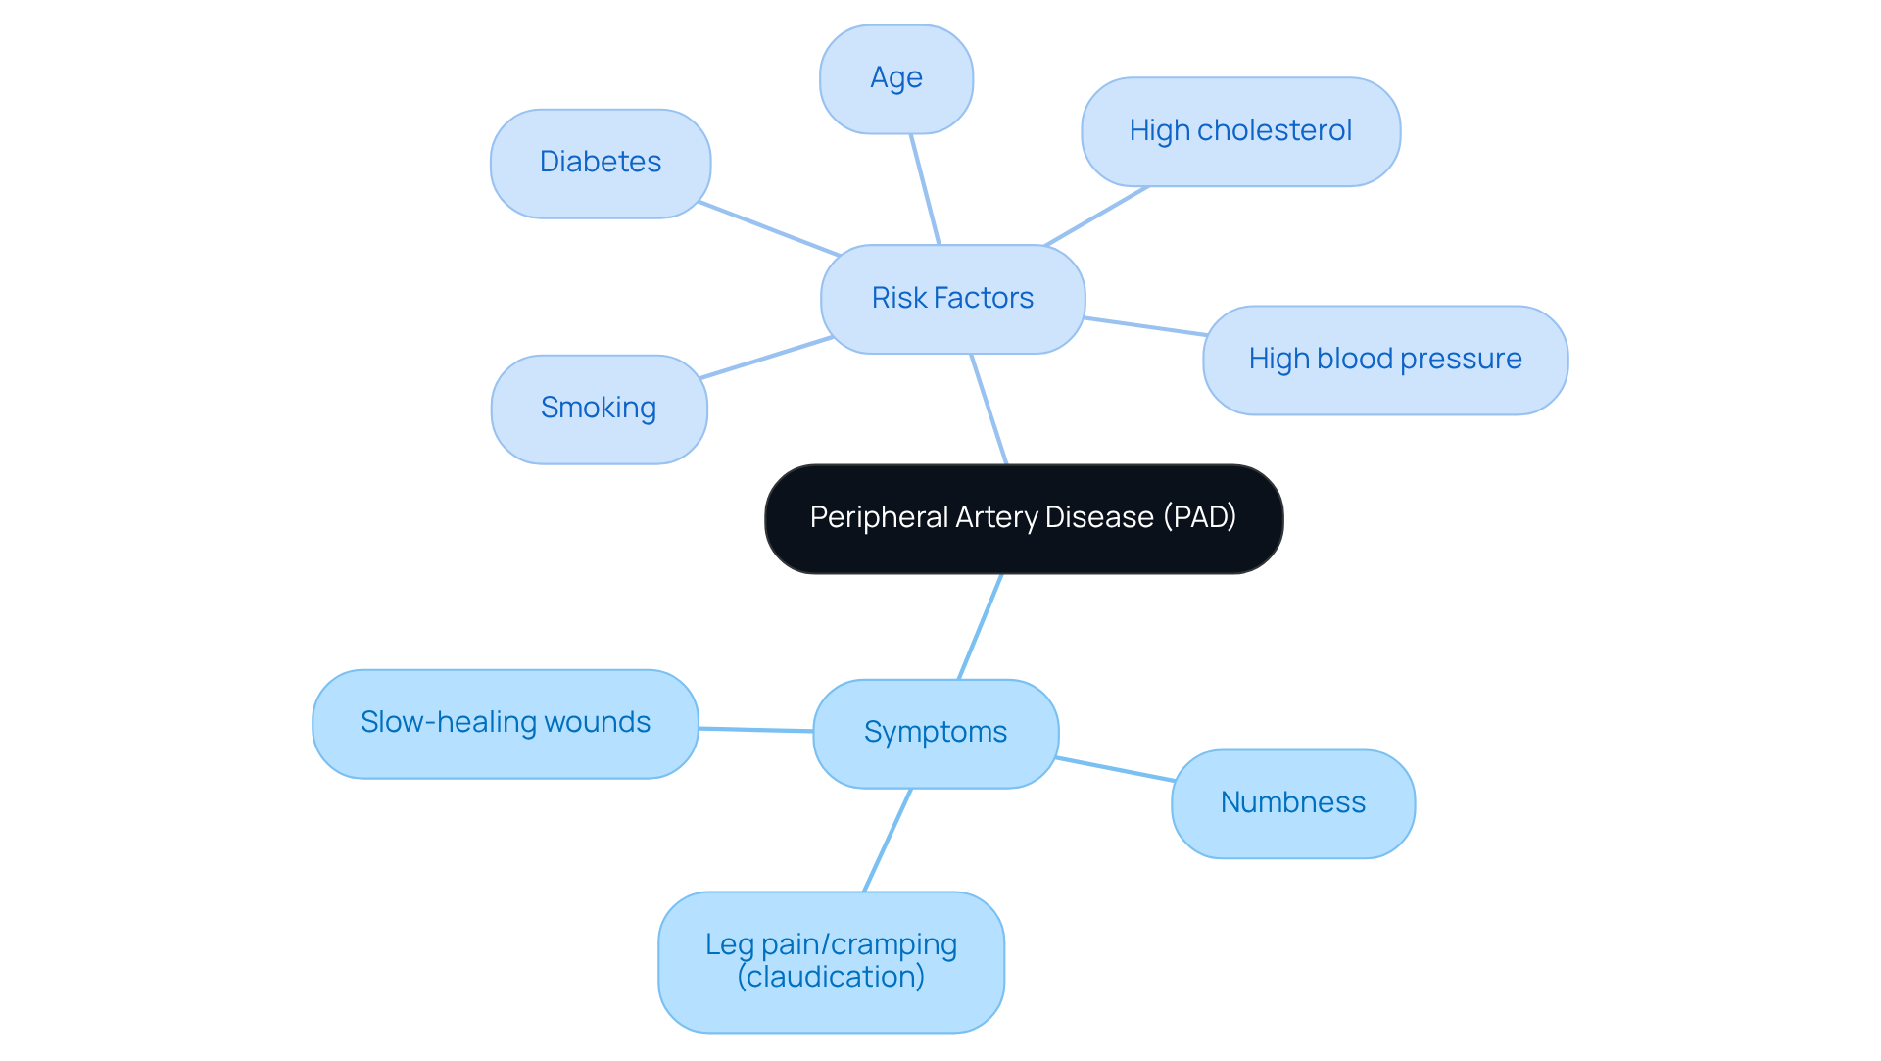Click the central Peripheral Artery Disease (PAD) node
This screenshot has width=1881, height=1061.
click(1024, 518)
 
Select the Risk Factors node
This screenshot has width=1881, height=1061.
click(952, 299)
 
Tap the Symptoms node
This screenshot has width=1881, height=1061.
click(936, 733)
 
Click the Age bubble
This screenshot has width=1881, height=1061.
click(896, 78)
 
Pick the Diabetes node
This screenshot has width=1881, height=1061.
click(601, 163)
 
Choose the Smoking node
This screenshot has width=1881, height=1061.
click(599, 409)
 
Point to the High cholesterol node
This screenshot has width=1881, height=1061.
click(1240, 131)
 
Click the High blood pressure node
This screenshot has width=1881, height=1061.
click(1384, 360)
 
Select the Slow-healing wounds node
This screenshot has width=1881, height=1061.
click(506, 723)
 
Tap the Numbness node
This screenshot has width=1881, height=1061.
click(1292, 803)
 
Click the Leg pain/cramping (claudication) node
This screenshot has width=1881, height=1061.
click(831, 960)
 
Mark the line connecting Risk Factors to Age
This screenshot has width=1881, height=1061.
click(925, 189)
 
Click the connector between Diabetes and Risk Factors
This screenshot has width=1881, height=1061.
click(769, 229)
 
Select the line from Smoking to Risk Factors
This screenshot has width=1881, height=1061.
click(767, 358)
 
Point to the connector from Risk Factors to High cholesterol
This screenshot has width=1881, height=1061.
click(1096, 216)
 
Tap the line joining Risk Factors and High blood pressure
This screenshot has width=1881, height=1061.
click(1144, 326)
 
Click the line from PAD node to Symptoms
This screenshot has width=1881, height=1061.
click(980, 627)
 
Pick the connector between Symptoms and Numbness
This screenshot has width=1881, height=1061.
click(1115, 769)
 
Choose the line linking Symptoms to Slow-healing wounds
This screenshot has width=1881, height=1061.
click(755, 730)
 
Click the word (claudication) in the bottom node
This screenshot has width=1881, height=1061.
click(831, 978)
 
